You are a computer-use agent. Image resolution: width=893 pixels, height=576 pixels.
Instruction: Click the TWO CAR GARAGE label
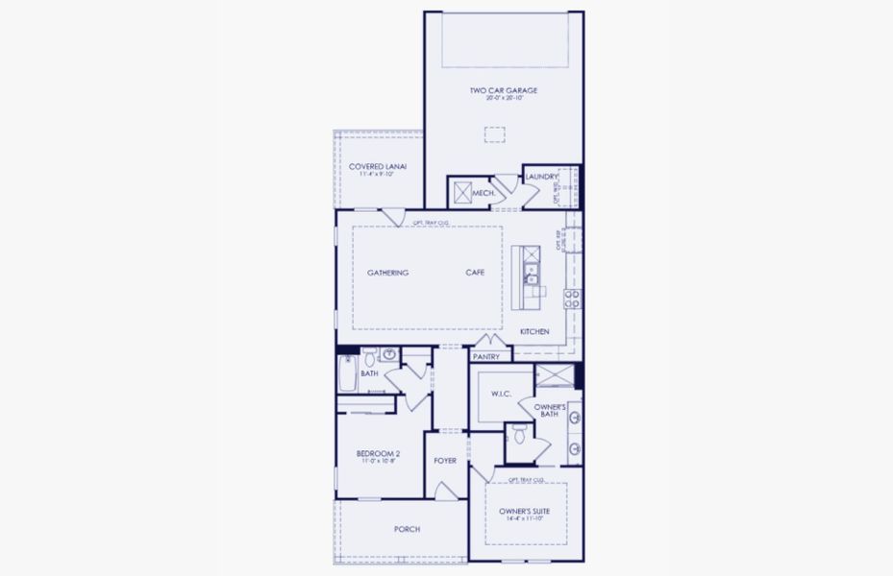click(503, 91)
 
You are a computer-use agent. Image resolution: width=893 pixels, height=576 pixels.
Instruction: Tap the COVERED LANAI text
click(378, 167)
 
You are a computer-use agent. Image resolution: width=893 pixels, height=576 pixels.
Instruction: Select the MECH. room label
click(484, 193)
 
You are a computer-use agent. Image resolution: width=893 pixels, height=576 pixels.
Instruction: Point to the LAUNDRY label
click(541, 177)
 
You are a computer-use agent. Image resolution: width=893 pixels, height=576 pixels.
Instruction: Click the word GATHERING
click(387, 273)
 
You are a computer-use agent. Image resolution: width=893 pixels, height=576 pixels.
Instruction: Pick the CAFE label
click(475, 273)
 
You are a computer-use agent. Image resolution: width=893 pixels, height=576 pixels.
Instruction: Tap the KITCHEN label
click(534, 331)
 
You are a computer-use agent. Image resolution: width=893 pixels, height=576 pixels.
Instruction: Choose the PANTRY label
click(486, 356)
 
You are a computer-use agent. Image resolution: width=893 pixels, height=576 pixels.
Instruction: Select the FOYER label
click(445, 461)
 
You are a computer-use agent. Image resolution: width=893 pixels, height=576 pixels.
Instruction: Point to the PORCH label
click(407, 529)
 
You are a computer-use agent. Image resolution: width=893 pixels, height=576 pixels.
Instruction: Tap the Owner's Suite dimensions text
click(525, 518)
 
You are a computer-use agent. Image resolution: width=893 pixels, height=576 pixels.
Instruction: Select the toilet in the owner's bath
click(518, 437)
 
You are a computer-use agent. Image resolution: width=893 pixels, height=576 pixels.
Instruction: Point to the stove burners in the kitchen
click(571, 298)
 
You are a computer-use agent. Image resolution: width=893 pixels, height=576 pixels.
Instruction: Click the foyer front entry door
click(445, 491)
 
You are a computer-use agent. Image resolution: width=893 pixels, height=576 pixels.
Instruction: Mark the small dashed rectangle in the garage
click(493, 136)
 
